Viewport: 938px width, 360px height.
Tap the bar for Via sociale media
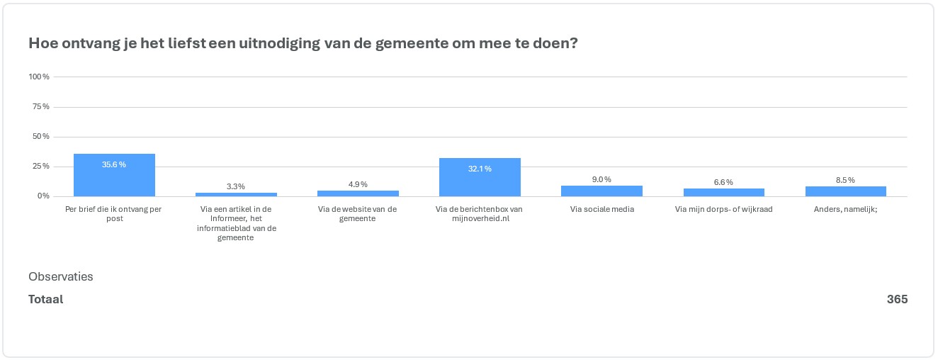point(601,191)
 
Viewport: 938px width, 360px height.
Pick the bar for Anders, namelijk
point(845,191)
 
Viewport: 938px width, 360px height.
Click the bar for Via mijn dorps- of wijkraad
point(723,192)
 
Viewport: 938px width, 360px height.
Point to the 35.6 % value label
point(114,164)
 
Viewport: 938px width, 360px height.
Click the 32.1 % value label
point(480,169)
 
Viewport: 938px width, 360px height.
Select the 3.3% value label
point(236,186)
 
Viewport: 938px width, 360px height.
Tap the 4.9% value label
point(358,184)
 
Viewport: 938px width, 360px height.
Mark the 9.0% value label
point(601,180)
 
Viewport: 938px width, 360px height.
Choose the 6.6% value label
point(723,183)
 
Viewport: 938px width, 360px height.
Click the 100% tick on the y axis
point(39,77)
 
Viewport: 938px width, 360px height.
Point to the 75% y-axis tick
point(41,106)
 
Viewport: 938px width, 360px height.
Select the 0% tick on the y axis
point(43,196)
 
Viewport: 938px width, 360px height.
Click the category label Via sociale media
point(601,209)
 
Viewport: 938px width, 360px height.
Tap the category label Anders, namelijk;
point(845,209)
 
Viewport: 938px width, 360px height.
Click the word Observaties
point(61,276)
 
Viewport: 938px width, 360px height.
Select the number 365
point(897,299)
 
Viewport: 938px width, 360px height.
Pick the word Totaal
point(46,299)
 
